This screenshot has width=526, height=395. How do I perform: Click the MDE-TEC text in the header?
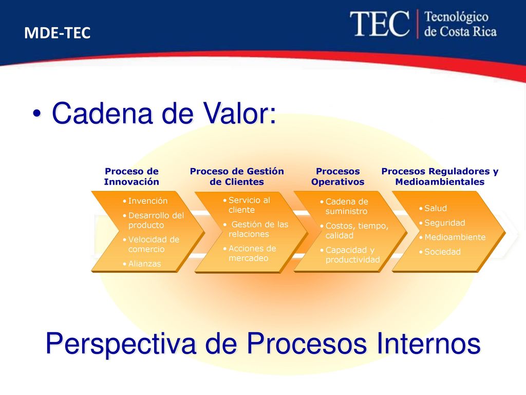point(58,33)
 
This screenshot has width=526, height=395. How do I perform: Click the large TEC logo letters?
point(380,24)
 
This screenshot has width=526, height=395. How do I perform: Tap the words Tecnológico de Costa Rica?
point(460,24)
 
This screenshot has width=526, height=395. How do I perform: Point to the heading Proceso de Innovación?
point(131,176)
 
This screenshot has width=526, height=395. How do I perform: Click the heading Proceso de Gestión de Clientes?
point(237,176)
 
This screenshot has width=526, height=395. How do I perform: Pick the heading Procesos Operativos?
point(337,176)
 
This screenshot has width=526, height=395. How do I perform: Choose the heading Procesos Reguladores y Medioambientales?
point(440,176)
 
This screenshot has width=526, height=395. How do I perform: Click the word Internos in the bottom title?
point(429,343)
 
